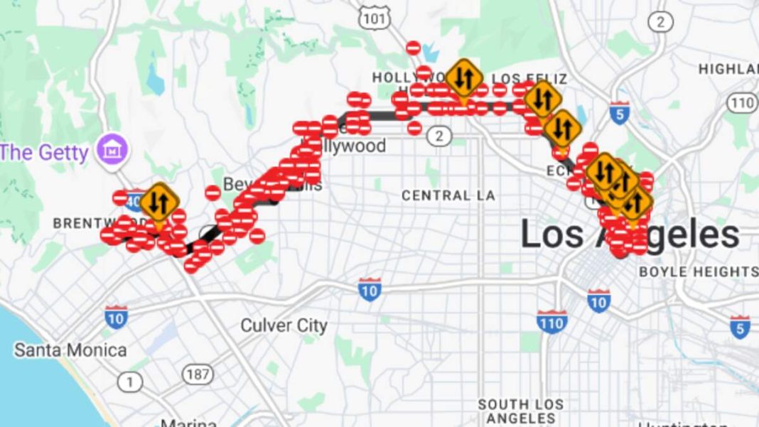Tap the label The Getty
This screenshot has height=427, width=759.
point(44,151)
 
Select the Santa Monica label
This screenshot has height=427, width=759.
point(70,350)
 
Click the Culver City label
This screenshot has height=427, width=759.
point(284,326)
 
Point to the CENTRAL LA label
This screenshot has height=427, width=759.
point(448,195)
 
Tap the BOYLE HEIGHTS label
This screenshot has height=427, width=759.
point(698,271)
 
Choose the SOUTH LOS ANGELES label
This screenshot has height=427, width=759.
point(521,411)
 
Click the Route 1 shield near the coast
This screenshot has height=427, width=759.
point(129,383)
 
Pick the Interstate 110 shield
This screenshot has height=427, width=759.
point(551,321)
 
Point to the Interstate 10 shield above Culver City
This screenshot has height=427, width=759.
point(370,289)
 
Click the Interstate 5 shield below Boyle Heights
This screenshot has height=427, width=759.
point(740,327)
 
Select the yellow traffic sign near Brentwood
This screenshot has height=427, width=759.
point(158,202)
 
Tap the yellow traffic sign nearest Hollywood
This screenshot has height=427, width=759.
point(464,78)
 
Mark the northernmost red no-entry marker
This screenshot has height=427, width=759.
point(414,48)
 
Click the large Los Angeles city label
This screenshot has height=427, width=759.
point(630,234)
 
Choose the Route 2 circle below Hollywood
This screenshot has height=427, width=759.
point(440,135)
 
